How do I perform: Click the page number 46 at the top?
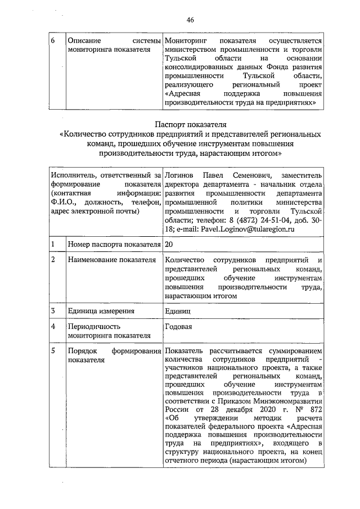pos(190,20)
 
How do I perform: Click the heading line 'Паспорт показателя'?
pos(190,124)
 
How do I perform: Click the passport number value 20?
pos(169,245)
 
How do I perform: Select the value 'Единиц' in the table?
pos(178,311)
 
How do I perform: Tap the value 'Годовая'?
pos(179,327)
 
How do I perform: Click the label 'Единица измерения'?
pos(101,311)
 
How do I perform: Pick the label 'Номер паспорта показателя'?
pos(113,245)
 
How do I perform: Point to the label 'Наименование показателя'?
pos(111,260)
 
